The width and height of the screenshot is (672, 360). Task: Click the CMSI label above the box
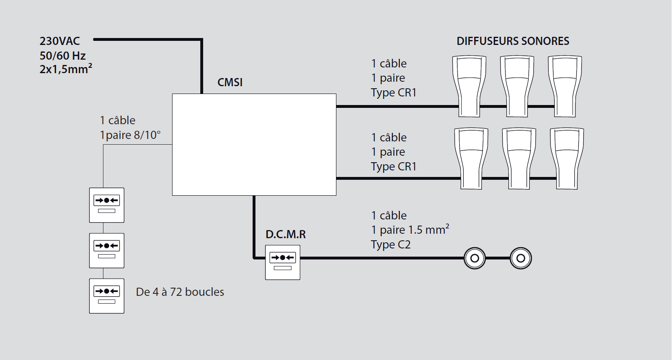click(x=230, y=83)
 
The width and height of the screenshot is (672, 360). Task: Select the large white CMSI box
click(x=254, y=145)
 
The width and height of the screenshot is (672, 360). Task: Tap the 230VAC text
click(x=60, y=41)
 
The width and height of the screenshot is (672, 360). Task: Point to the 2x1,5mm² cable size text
click(x=66, y=69)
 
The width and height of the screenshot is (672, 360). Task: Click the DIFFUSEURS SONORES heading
click(x=513, y=41)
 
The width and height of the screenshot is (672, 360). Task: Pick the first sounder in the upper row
click(x=469, y=86)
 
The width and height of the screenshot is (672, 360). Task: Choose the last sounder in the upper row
click(x=565, y=86)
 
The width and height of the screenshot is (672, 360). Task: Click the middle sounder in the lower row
click(x=519, y=159)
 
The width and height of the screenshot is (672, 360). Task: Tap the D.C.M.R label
click(x=285, y=235)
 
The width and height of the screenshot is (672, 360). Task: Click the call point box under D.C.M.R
click(x=282, y=262)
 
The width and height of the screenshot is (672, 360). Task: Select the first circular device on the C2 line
click(x=475, y=258)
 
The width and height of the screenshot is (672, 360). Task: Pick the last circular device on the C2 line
click(x=521, y=258)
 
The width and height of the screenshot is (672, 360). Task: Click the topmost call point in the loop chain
click(x=107, y=205)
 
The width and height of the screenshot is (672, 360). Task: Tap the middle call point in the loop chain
click(x=107, y=250)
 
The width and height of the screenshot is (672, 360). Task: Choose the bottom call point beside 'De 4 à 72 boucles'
click(x=107, y=296)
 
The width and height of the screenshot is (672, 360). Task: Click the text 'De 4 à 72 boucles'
click(x=180, y=292)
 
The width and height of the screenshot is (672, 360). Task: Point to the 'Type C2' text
click(x=390, y=245)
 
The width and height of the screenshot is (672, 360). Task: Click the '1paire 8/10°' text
click(x=130, y=135)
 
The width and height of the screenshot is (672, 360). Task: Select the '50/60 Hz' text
click(x=63, y=56)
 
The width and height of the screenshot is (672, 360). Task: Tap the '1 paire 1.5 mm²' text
click(x=410, y=230)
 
